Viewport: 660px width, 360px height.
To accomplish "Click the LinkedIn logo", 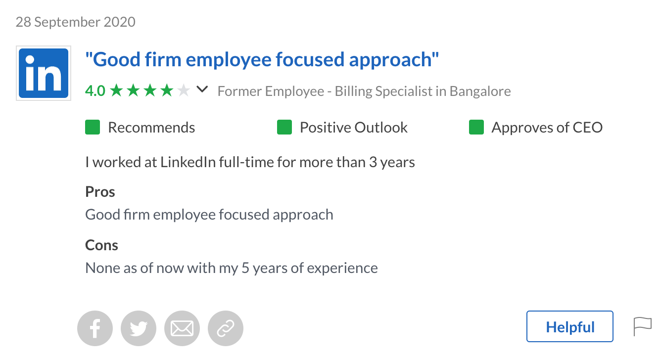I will tap(44, 73).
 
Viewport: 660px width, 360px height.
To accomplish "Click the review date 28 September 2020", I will tap(75, 22).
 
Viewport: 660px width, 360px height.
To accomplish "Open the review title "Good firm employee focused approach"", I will tap(262, 60).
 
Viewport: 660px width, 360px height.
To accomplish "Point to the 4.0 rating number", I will tap(95, 91).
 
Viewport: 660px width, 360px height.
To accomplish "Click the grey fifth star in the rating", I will tap(184, 90).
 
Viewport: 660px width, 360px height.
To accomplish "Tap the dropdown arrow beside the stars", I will tap(202, 90).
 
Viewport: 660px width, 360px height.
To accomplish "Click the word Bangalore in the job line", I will tap(480, 91).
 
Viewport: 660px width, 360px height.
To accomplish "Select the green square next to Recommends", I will tap(93, 128).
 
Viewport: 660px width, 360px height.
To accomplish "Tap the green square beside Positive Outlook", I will tap(284, 128).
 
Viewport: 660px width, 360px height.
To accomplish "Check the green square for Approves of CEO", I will tap(476, 128).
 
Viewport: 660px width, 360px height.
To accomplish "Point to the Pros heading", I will tap(100, 192).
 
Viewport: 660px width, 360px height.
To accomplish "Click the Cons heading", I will tap(102, 245).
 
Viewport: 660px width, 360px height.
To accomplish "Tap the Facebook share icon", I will tap(95, 328).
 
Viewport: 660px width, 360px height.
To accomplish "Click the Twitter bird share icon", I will tap(139, 328).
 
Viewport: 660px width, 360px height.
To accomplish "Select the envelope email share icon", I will tap(182, 328).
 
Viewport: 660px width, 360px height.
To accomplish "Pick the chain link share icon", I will tap(226, 328).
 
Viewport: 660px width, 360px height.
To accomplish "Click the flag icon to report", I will tap(643, 326).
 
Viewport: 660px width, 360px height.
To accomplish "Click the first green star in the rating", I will tap(116, 90).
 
